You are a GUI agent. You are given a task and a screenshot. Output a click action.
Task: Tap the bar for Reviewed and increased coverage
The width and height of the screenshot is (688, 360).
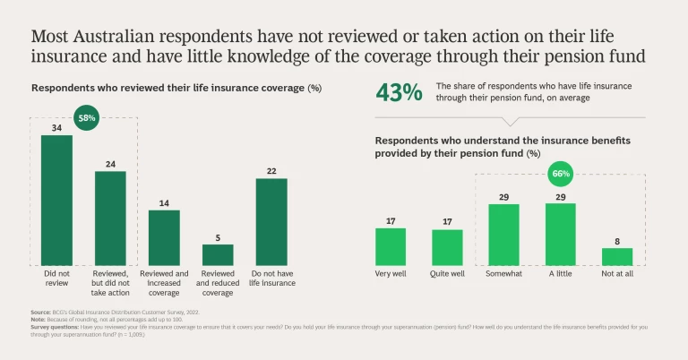(x=164, y=236)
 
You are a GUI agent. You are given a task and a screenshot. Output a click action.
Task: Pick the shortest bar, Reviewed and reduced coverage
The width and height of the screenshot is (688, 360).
(x=218, y=253)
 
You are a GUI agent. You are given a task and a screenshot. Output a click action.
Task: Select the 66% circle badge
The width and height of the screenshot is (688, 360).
(x=561, y=173)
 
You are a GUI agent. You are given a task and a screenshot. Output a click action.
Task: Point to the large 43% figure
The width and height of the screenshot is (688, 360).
(x=399, y=92)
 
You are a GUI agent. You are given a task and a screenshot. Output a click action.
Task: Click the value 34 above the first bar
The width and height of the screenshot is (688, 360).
(x=56, y=127)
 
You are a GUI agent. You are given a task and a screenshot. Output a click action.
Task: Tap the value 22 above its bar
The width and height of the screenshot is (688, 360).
(x=271, y=170)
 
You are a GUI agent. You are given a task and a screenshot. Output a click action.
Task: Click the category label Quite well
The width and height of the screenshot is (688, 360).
(x=447, y=273)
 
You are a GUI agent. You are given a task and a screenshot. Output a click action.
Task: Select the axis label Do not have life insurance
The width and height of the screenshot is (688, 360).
(x=271, y=278)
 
